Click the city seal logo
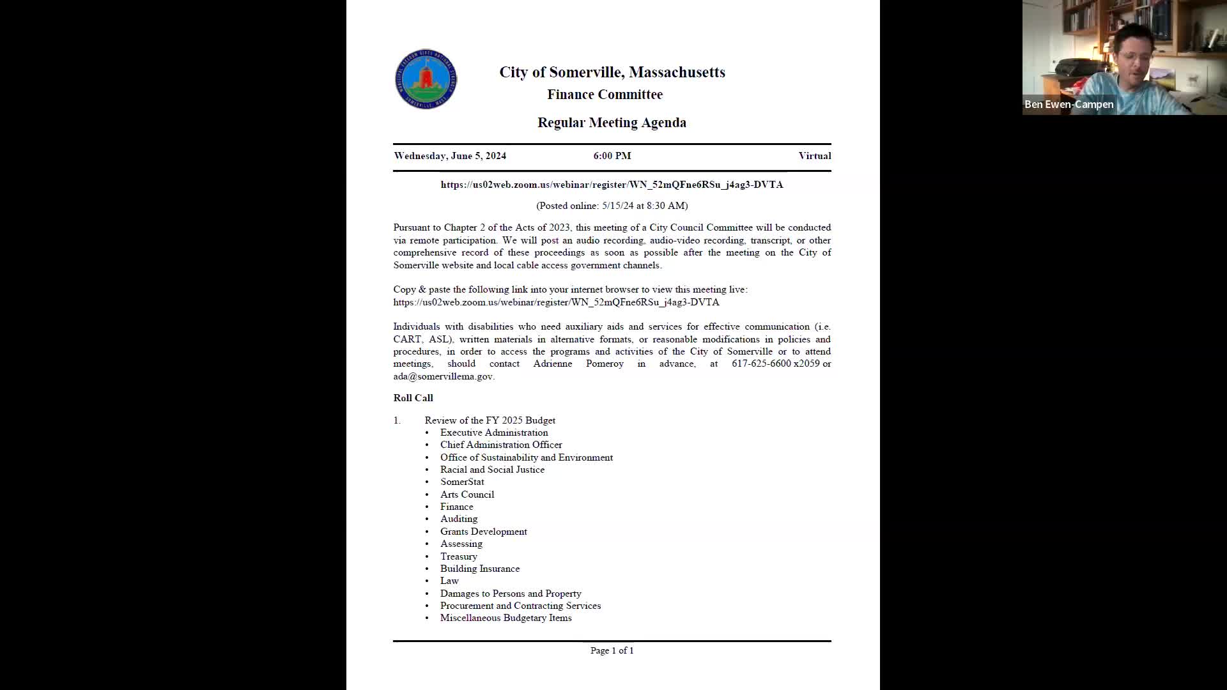[x=426, y=79]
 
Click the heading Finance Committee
[x=605, y=95]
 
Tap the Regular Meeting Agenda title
[x=612, y=123]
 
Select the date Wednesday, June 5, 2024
[x=450, y=156]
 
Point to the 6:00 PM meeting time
[x=612, y=156]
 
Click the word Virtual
[x=814, y=156]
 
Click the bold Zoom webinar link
[x=612, y=185]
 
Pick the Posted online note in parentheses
[x=612, y=206]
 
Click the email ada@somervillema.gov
[x=443, y=376]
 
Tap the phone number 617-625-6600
[x=761, y=364]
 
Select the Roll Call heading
[x=413, y=398]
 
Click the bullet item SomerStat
[x=462, y=482]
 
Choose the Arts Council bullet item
[x=467, y=494]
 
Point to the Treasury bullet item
[x=458, y=556]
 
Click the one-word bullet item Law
[x=449, y=581]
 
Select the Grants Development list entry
[x=483, y=532]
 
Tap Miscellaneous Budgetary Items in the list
[x=505, y=618]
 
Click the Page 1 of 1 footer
[x=612, y=650]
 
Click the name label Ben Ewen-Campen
[x=1069, y=104]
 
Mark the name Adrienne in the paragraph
[x=553, y=364]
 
